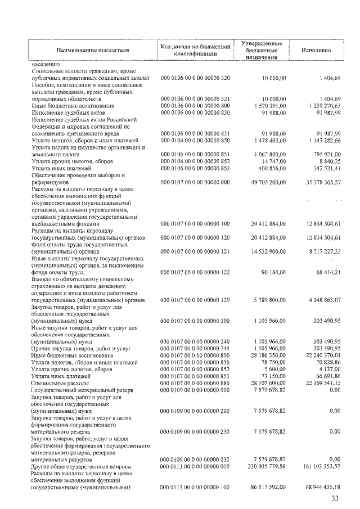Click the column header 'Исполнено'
click(315, 50)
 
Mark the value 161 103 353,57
click(318, 467)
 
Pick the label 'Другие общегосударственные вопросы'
click(81, 467)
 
